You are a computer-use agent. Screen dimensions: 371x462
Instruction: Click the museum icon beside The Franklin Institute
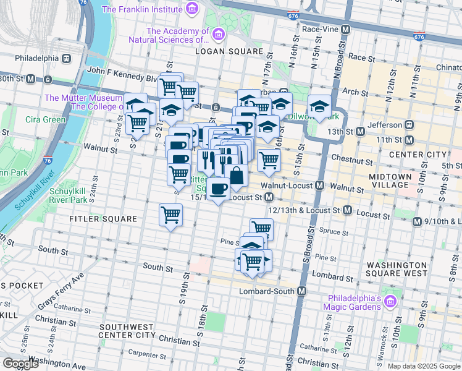192,9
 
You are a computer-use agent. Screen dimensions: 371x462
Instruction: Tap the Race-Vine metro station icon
345,29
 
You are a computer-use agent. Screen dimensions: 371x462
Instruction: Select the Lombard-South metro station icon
302,291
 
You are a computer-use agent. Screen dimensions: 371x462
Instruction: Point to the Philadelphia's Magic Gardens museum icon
389,302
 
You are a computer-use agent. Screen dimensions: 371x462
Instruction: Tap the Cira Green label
46,119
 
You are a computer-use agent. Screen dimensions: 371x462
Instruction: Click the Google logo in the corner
20,363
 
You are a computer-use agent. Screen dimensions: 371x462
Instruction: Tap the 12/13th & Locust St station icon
346,211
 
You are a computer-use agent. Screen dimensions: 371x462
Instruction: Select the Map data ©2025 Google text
424,366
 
